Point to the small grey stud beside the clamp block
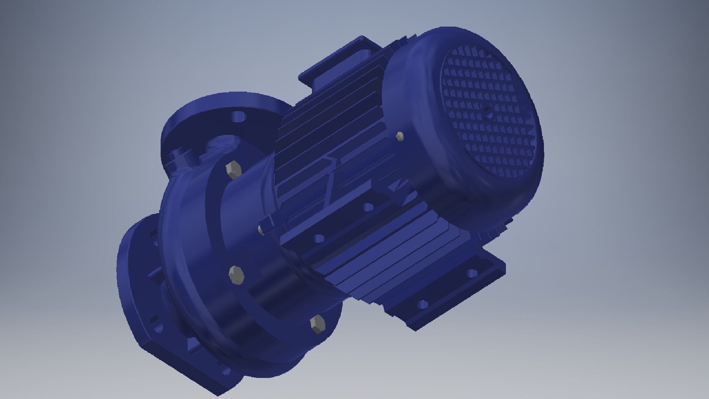pyautogui.click(x=261, y=230)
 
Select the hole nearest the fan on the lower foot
pyautogui.click(x=472, y=274)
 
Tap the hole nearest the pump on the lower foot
pyautogui.click(x=422, y=305)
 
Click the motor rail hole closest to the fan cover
pyautogui.click(x=368, y=207)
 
